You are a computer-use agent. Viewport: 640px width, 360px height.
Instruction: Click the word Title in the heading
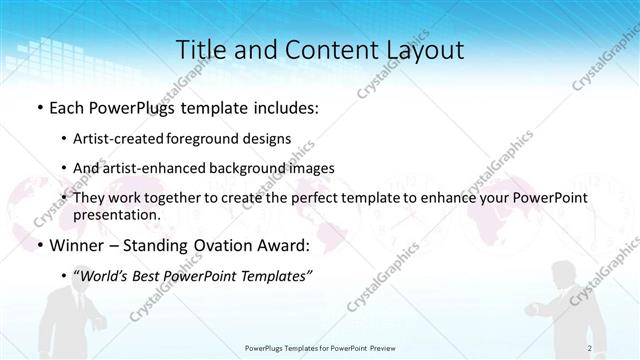[x=201, y=50]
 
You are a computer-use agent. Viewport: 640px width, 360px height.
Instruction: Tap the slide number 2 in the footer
[x=590, y=348]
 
